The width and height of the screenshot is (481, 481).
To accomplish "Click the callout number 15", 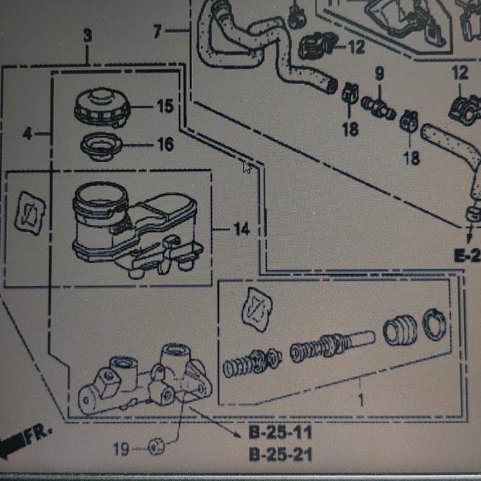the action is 165,106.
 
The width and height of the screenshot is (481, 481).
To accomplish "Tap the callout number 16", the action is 165,144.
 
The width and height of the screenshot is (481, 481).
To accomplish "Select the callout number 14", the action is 241,229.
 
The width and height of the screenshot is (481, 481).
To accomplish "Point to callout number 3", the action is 88,35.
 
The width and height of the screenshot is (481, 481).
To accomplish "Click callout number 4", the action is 27,134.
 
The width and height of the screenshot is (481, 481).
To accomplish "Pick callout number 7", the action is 157,31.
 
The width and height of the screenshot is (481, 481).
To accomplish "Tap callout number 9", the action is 379,74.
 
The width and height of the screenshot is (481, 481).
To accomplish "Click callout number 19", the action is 121,449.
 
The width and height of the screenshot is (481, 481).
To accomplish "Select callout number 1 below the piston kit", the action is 360,400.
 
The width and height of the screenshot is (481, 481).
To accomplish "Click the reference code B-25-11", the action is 280,432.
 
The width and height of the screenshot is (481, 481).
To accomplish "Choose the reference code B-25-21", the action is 280,454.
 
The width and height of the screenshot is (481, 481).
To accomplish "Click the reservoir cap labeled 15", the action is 102,107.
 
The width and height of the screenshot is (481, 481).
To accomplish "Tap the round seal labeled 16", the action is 101,146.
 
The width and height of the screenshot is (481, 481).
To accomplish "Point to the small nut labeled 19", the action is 156,447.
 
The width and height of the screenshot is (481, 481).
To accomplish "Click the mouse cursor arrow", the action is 247,168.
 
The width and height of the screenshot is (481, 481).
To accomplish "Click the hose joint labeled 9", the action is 378,107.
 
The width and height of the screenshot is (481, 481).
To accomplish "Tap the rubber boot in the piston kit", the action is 400,331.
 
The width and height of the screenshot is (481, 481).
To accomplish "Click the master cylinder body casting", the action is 144,380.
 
